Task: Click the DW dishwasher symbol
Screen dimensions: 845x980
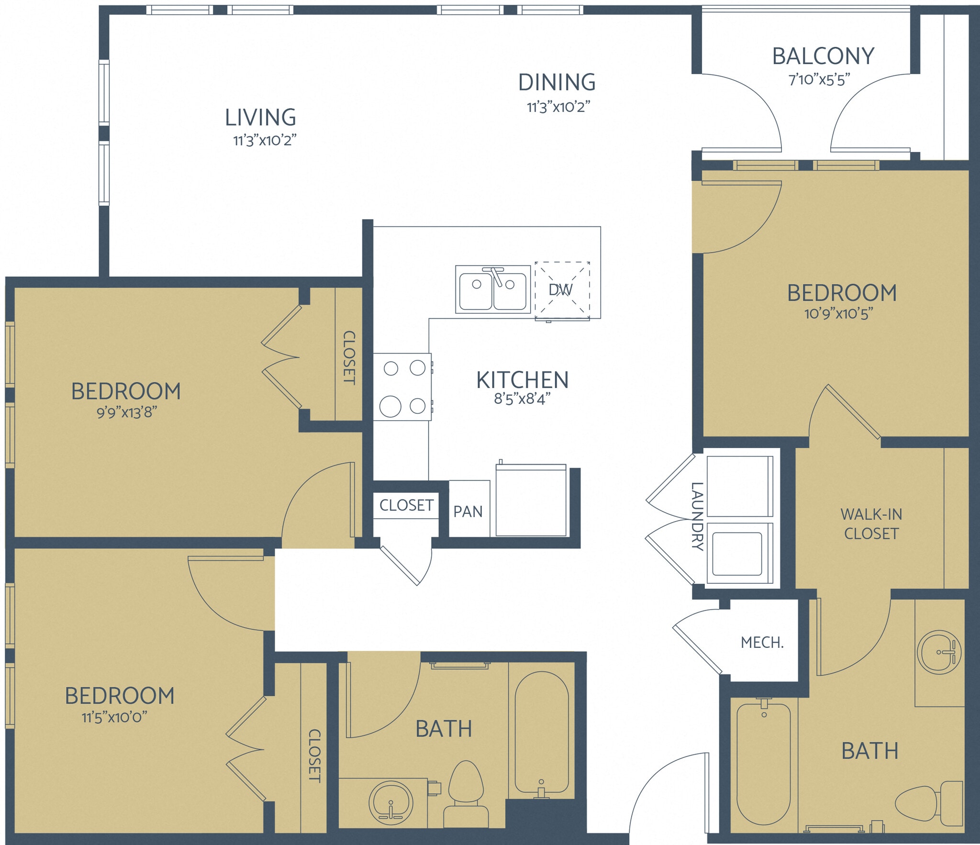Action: tap(562, 290)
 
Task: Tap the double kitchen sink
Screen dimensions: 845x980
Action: tap(493, 290)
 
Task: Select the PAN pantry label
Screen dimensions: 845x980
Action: tap(468, 511)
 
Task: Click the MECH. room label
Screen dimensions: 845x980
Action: tap(762, 643)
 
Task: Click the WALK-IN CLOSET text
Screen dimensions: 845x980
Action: tap(871, 524)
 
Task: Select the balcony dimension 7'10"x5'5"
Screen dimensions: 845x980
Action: tap(819, 79)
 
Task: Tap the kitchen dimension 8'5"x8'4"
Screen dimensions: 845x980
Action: tap(522, 399)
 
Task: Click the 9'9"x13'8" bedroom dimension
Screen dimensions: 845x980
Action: tap(127, 412)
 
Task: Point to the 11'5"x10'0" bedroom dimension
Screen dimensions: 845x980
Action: tap(114, 717)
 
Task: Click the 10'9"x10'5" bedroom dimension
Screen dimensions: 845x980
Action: tap(838, 314)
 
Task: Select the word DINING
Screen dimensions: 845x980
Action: tap(557, 82)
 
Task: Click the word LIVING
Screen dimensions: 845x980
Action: tap(260, 117)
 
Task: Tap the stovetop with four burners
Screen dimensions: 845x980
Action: tap(402, 387)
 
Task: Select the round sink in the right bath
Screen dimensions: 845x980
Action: tap(939, 652)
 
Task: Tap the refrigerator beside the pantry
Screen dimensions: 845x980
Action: tap(531, 500)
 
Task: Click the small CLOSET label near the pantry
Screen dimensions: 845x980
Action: tap(406, 505)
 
